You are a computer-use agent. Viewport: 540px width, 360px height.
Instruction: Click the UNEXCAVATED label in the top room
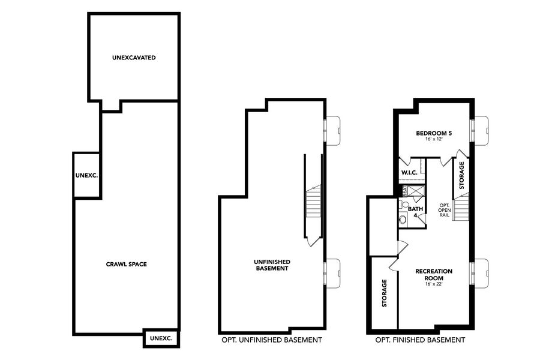[x=134, y=58]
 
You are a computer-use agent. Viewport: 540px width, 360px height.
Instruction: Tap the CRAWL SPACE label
[x=127, y=264]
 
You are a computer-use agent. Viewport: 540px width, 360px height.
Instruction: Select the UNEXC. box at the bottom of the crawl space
[x=161, y=338]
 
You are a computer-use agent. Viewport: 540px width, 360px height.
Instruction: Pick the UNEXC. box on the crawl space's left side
[x=86, y=176]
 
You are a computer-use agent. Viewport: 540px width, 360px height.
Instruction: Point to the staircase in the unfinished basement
[x=314, y=204]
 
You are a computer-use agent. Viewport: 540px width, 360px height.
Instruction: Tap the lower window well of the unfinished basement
[x=333, y=272]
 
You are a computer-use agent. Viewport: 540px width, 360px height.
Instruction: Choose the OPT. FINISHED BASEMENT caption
[x=420, y=340]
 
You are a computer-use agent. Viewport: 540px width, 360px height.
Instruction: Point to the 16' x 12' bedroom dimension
[x=434, y=139]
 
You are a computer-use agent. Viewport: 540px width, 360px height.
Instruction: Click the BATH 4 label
[x=416, y=212]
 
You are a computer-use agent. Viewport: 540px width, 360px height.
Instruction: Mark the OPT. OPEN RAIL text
[x=444, y=210]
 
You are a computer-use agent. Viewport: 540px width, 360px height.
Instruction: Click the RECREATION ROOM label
[x=434, y=275]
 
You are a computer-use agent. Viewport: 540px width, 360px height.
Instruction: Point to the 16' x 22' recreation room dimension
[x=434, y=283]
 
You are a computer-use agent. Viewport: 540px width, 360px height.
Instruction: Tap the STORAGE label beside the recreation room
[x=385, y=293]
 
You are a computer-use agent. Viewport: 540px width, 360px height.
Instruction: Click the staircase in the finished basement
[x=461, y=210]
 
